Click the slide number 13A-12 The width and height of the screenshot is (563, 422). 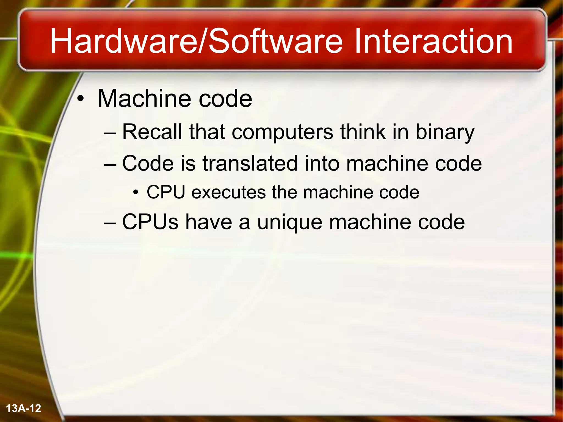pyautogui.click(x=23, y=408)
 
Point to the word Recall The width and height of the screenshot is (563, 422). pyautogui.click(x=152, y=132)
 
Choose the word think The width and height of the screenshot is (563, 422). pyautogui.click(x=363, y=132)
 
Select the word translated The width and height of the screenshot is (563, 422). pyautogui.click(x=250, y=163)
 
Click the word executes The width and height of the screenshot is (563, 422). pyautogui.click(x=228, y=192)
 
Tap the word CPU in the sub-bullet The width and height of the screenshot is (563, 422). pyautogui.click(x=166, y=192)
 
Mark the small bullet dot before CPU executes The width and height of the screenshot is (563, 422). pyautogui.click(x=135, y=193)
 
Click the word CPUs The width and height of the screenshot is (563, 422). pyautogui.click(x=150, y=222)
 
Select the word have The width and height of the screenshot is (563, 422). pyautogui.click(x=208, y=222)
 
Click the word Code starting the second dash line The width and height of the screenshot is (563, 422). pyautogui.click(x=148, y=163)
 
